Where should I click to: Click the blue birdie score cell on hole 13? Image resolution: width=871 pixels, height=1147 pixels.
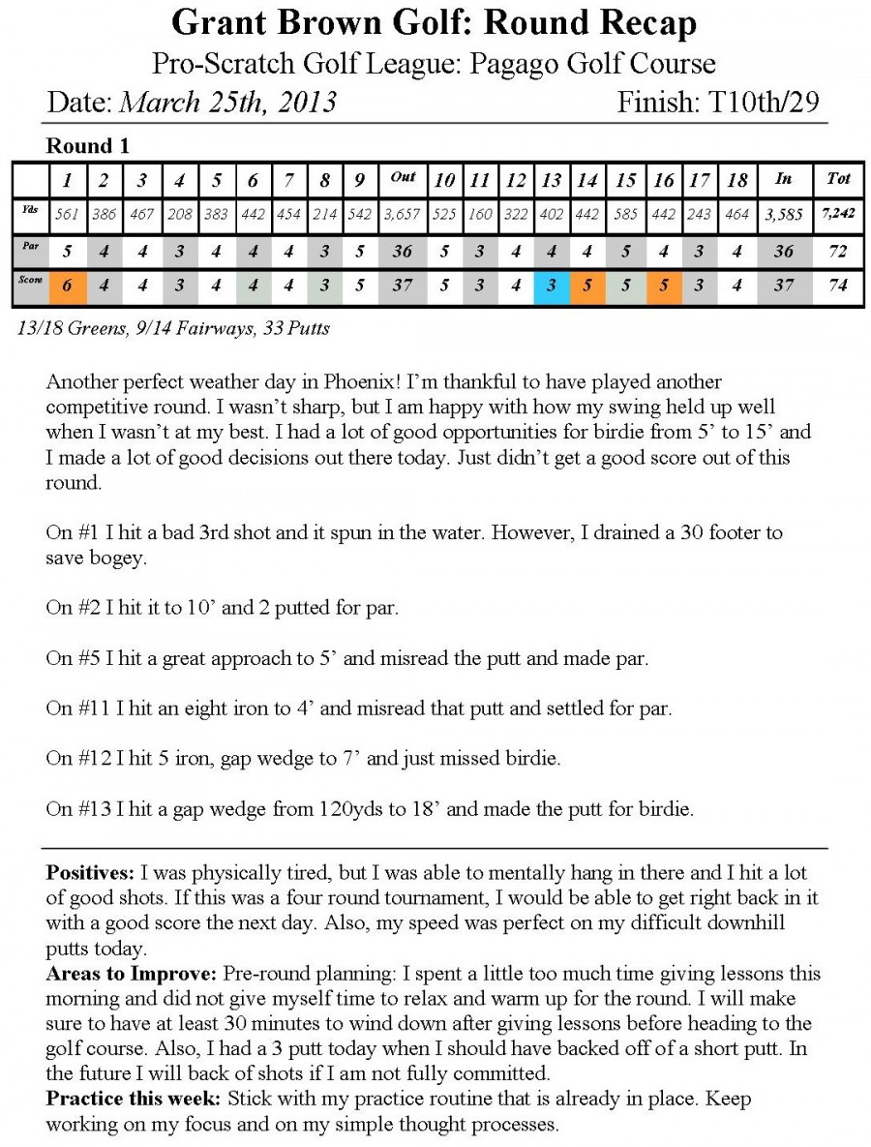click(x=551, y=289)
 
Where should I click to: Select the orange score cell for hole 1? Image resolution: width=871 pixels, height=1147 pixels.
click(x=67, y=289)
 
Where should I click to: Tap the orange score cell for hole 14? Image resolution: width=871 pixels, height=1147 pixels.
click(x=586, y=289)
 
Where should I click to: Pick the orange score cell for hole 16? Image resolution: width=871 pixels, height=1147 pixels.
click(x=663, y=289)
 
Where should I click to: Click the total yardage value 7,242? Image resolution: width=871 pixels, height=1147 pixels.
click(x=838, y=214)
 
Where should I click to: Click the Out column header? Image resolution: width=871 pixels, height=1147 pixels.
click(x=402, y=178)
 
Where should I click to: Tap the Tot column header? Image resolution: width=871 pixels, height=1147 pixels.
click(x=838, y=178)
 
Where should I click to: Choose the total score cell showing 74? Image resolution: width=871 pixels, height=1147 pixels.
click(x=838, y=289)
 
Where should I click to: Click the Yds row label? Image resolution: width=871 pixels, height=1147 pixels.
click(x=31, y=210)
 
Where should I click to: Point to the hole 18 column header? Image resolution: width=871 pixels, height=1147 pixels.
click(x=737, y=180)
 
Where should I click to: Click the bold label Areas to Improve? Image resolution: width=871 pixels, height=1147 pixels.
click(x=133, y=974)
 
